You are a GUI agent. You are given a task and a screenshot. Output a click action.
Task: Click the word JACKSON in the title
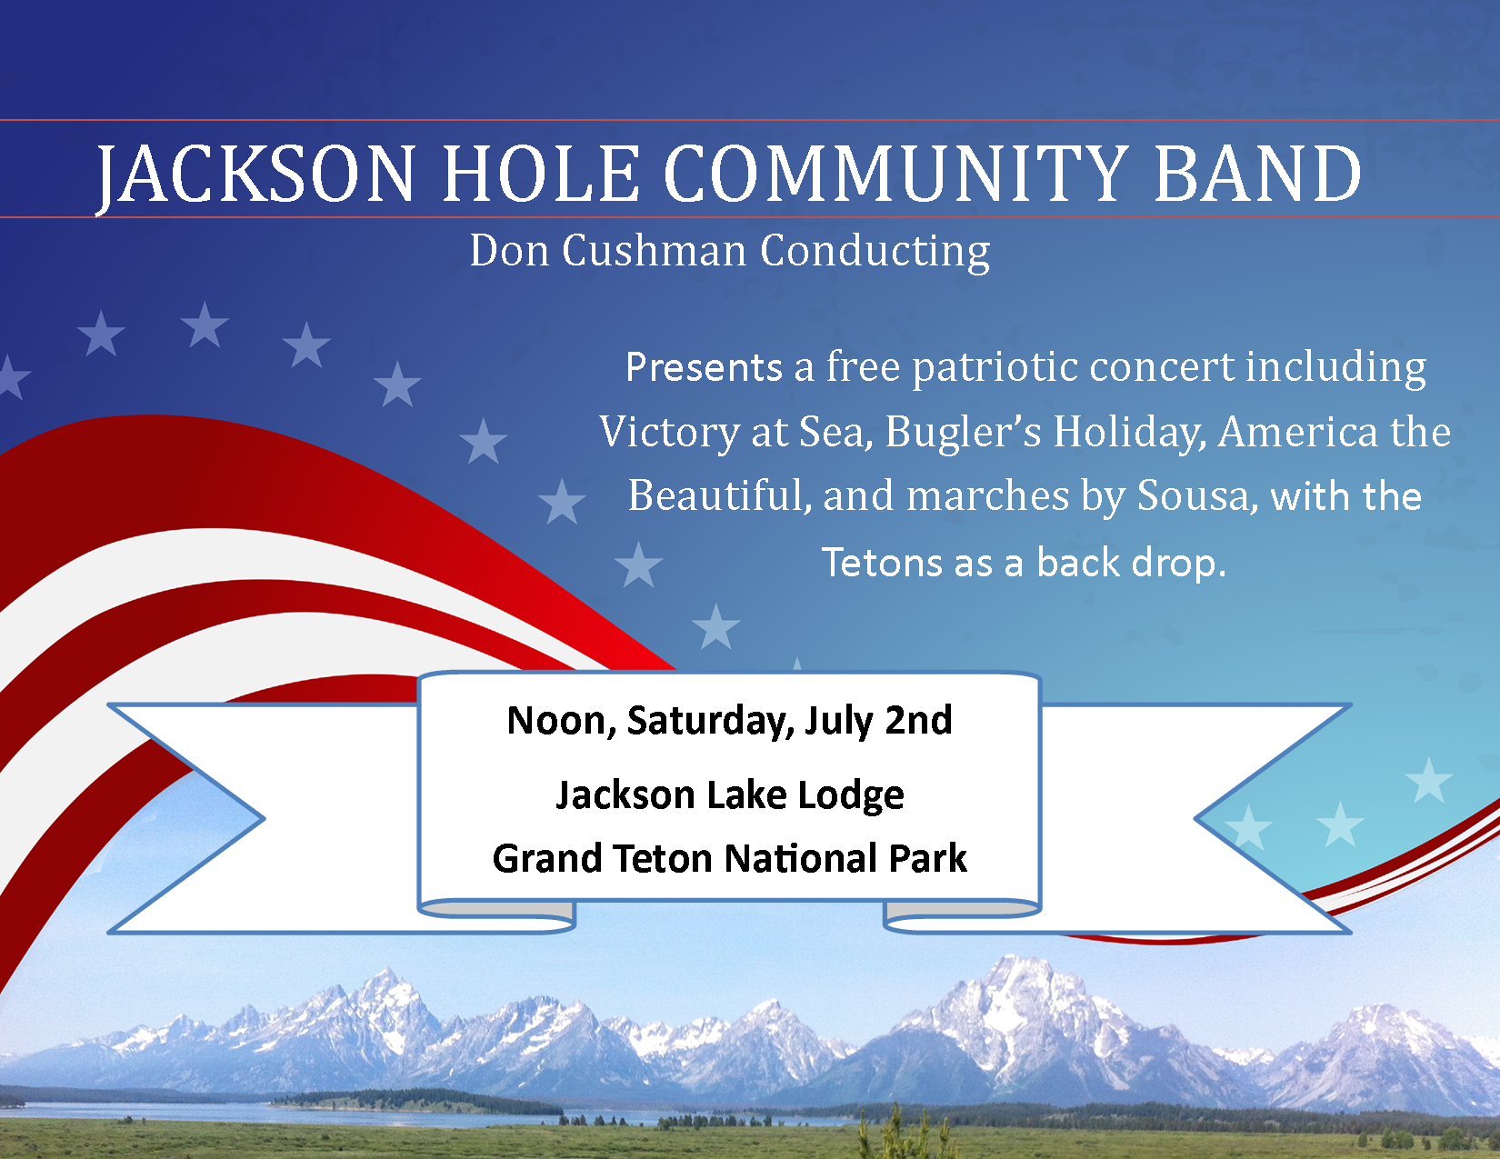coord(256,175)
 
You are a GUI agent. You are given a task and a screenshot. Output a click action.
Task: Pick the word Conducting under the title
coord(875,252)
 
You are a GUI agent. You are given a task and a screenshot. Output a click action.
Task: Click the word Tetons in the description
coord(882,563)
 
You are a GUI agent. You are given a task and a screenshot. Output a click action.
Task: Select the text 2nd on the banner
coord(918,721)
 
